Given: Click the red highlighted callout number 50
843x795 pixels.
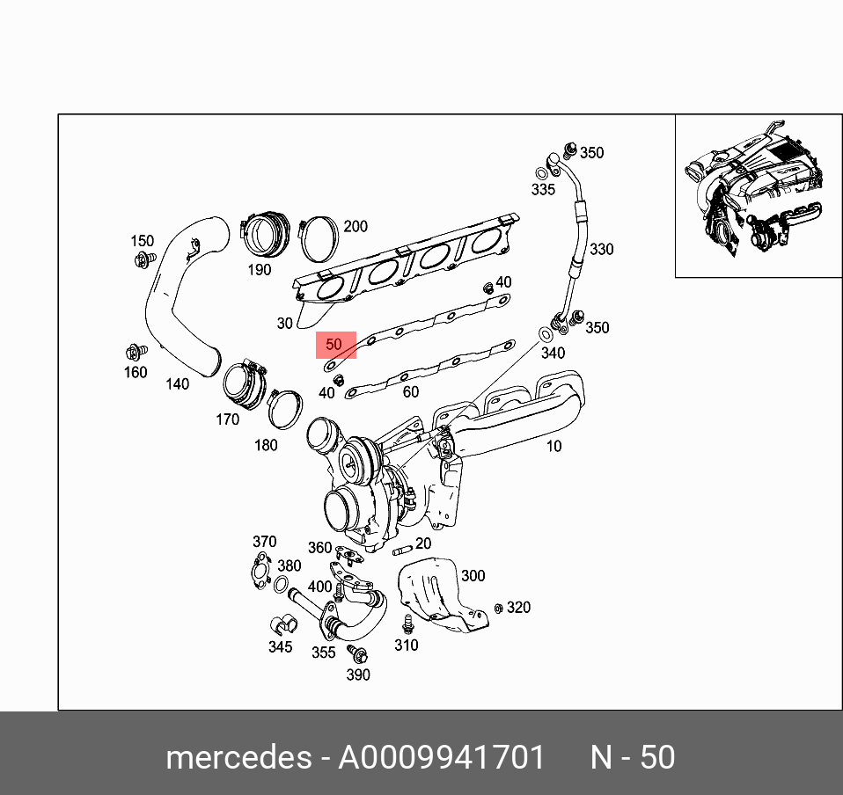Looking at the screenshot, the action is point(334,345).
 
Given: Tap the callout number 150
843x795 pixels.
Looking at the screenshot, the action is point(142,241).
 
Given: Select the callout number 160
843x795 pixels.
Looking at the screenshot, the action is point(136,372).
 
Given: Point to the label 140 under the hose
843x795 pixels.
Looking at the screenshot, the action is point(178,383).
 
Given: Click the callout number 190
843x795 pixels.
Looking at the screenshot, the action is point(259,270).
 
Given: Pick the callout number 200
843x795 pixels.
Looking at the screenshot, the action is point(355,227).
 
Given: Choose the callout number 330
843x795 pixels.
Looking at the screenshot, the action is point(601,250).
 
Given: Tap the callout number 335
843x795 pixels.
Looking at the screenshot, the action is point(543,190).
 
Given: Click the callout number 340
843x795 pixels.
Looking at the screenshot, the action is point(553,354).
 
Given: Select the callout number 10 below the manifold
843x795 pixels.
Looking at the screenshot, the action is point(553,446).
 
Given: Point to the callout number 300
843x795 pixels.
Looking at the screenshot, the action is point(473,576).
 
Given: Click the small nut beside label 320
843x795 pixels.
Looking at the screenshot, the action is point(498,608).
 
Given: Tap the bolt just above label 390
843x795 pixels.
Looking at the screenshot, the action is point(358,655).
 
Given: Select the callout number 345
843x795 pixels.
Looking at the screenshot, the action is point(280,647).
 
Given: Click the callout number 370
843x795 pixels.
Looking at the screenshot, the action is point(264,542).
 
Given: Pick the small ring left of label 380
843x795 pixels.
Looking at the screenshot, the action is point(282,586).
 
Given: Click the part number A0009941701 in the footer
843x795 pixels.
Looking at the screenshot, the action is point(442,757).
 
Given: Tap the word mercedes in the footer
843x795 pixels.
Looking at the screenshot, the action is point(237,757).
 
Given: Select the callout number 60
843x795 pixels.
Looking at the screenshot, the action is point(410,392).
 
